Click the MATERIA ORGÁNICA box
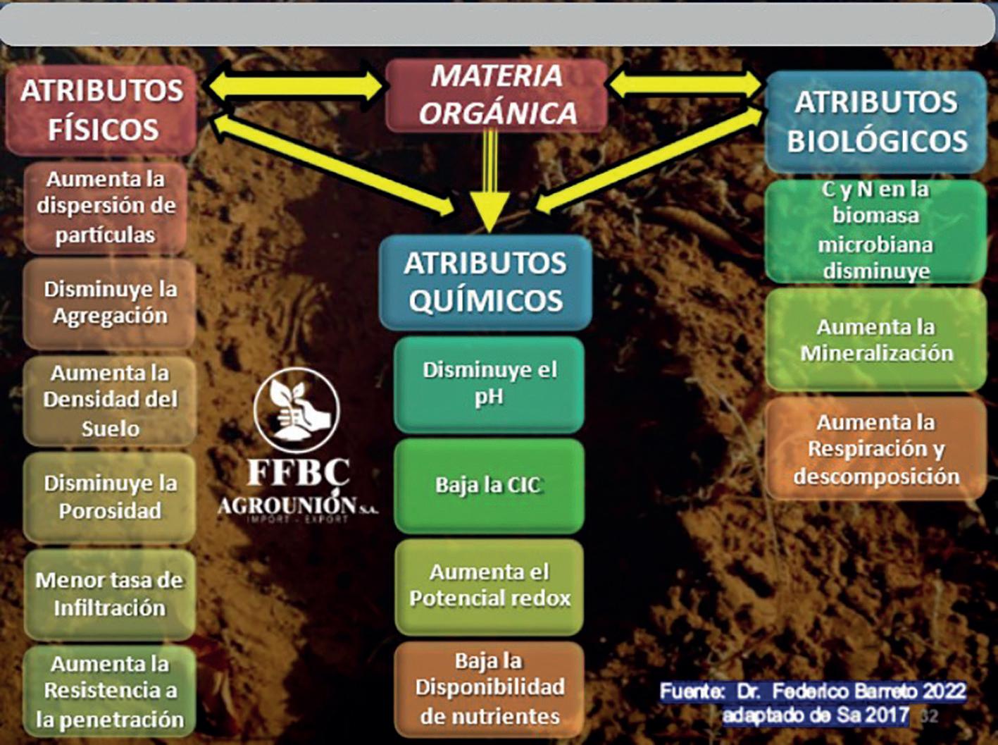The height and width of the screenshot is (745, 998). [x=497, y=95]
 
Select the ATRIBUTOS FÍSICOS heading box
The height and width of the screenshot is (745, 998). [x=101, y=110]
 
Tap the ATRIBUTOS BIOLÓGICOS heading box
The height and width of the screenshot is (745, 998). [x=875, y=121]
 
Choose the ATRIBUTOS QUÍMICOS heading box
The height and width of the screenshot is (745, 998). [x=485, y=282]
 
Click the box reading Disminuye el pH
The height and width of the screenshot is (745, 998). [x=489, y=384]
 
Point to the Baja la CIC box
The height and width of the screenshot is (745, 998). [x=489, y=486]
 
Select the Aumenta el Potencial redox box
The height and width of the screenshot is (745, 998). [x=489, y=586]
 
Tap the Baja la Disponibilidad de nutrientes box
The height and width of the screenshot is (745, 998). [x=489, y=689]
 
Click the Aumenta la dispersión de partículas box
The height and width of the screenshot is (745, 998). [x=106, y=207]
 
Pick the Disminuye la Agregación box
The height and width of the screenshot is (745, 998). [x=109, y=303]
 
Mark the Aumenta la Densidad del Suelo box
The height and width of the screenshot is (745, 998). [x=110, y=400]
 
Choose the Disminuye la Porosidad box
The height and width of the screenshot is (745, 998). [x=110, y=497]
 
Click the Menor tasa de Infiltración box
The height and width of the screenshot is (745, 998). [x=110, y=594]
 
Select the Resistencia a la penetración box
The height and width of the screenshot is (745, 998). [x=110, y=691]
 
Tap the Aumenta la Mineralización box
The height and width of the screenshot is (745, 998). [x=875, y=340]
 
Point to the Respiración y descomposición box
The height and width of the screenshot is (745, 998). [x=875, y=449]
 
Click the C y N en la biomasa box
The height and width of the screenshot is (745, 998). [x=875, y=230]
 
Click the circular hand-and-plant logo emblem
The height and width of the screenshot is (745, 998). [x=297, y=410]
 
